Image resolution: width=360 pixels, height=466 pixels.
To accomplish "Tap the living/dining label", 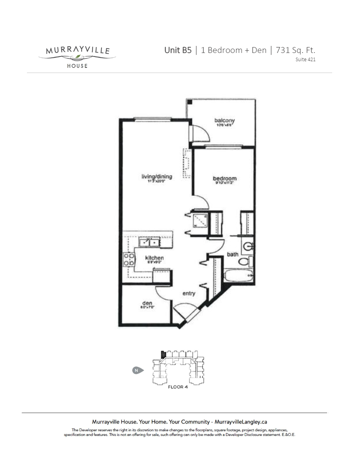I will click(x=157, y=177).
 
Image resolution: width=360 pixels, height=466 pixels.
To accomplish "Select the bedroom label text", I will click(x=225, y=179).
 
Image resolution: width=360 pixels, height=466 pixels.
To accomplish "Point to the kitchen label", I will click(x=154, y=258).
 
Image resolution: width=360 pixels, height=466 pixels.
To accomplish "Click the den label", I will click(x=147, y=303).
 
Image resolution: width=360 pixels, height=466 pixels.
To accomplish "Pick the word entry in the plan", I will click(x=189, y=293).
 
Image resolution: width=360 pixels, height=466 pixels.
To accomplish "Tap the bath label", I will click(x=233, y=255).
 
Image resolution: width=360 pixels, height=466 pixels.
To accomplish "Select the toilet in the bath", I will click(x=244, y=262).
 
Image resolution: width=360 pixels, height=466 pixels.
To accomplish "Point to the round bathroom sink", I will click(x=247, y=246).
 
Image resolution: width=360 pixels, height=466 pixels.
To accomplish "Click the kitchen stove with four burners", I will click(x=128, y=259).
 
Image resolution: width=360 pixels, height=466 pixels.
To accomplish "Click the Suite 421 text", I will click(x=305, y=60).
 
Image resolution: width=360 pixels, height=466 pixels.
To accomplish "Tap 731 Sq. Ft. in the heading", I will click(x=296, y=50).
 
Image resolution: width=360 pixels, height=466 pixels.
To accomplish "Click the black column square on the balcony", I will click(x=190, y=102).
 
